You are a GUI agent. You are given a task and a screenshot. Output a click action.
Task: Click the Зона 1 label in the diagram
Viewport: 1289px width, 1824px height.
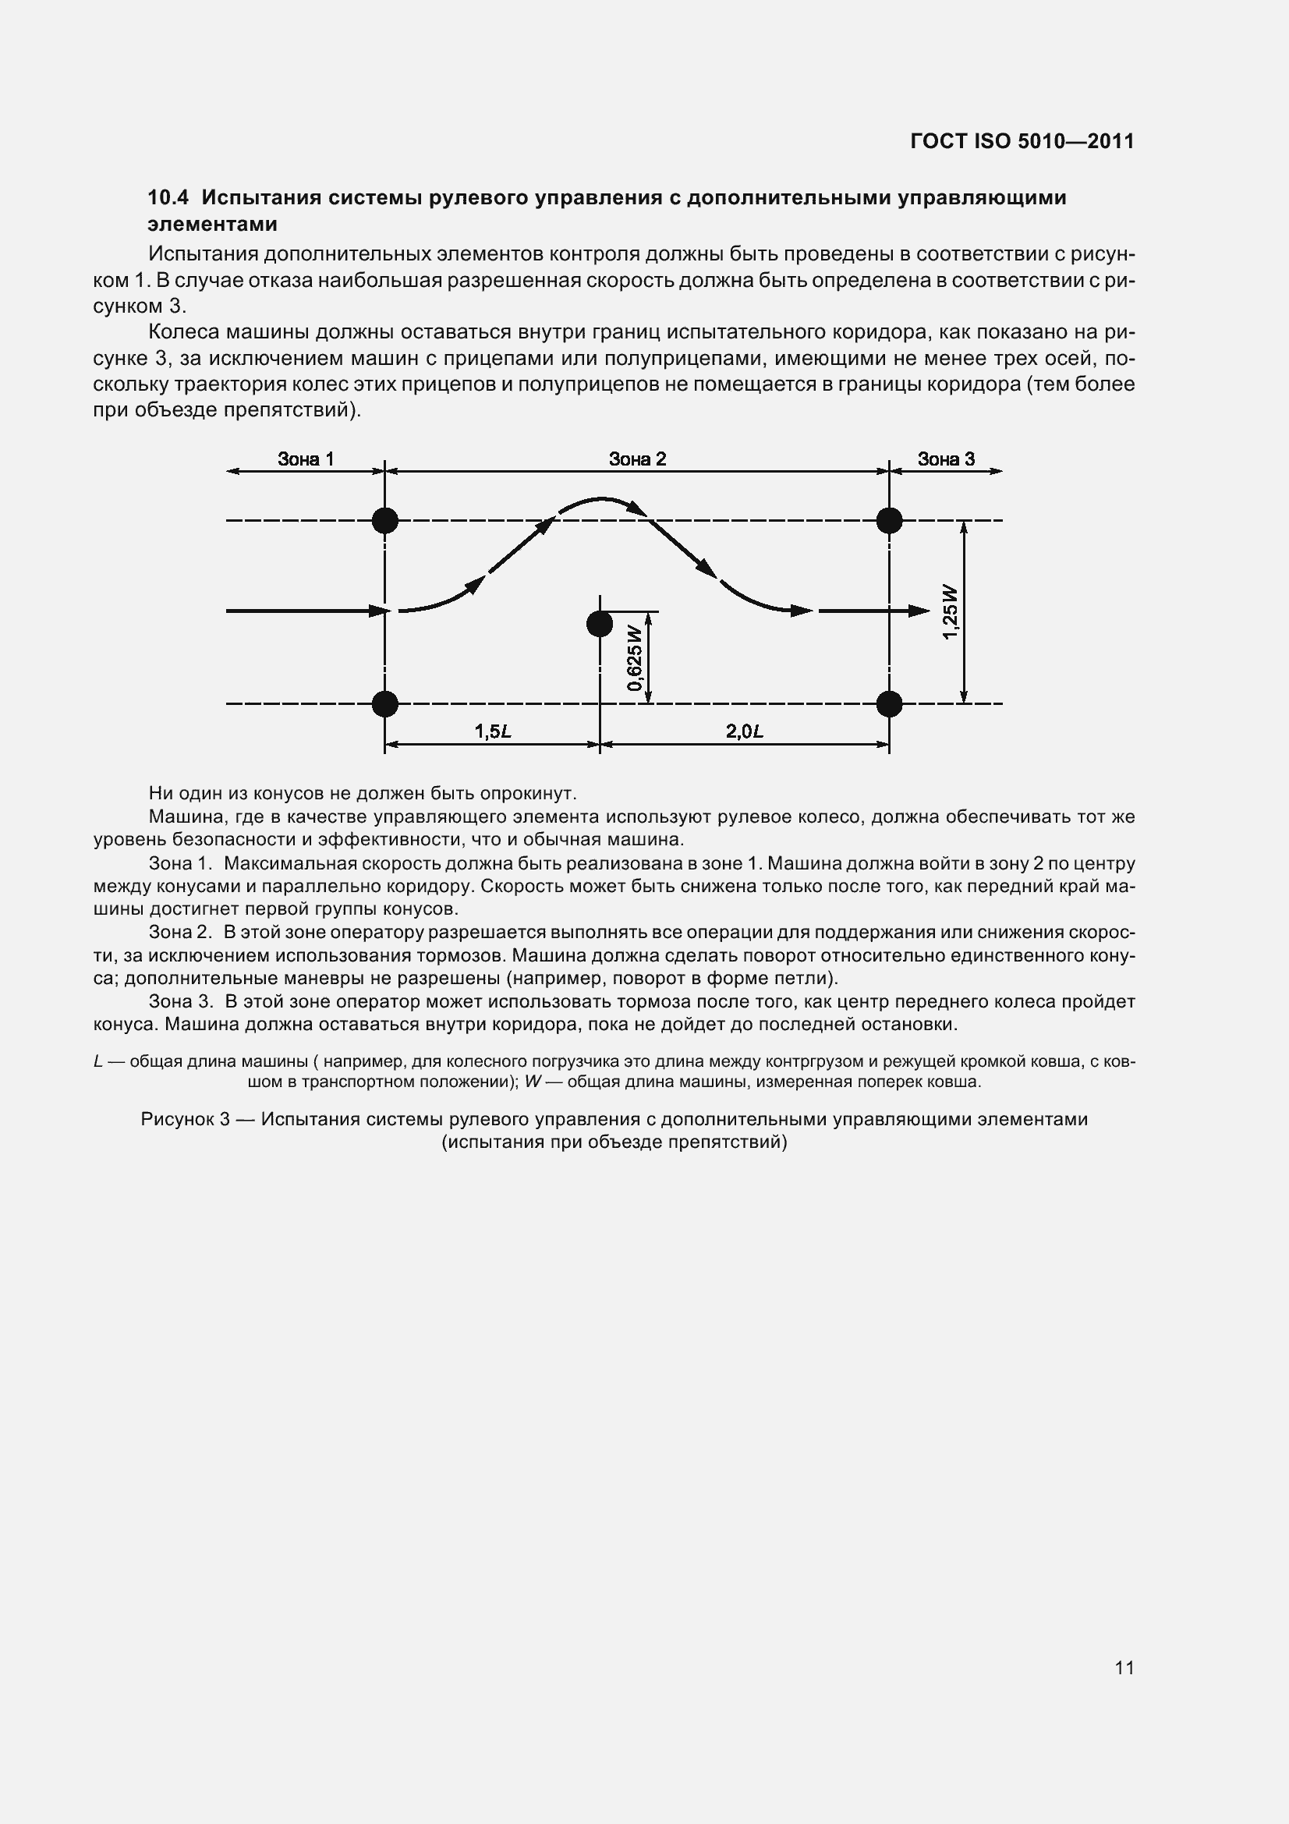(x=305, y=459)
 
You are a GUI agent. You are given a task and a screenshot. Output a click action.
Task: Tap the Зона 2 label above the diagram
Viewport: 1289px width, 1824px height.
(x=637, y=459)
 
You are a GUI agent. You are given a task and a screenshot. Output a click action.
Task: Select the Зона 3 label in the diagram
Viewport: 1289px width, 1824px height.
(x=945, y=459)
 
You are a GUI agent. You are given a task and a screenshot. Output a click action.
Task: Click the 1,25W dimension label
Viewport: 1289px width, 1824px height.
(x=951, y=611)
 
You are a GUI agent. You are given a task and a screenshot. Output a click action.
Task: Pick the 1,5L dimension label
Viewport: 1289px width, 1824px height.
(x=492, y=731)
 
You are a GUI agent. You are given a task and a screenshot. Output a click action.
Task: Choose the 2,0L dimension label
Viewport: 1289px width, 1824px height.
(x=744, y=731)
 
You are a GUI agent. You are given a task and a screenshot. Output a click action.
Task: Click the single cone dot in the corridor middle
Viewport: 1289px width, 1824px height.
(x=600, y=624)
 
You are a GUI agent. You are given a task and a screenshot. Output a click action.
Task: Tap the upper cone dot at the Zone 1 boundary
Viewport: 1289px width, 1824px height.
(x=385, y=520)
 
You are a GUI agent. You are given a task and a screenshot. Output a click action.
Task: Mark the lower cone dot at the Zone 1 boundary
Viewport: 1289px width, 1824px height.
(x=385, y=703)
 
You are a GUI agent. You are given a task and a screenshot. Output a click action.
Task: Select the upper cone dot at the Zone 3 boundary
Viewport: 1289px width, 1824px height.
(x=890, y=520)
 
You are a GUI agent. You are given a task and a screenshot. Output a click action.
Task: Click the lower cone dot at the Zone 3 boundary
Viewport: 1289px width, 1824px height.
(x=890, y=703)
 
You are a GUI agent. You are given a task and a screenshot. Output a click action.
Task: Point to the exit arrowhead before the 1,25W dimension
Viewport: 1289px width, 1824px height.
(x=919, y=611)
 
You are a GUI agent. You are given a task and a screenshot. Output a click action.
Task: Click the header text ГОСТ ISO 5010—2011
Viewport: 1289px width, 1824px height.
(x=1022, y=141)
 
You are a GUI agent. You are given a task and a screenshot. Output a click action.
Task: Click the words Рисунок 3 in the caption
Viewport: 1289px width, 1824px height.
(x=185, y=1118)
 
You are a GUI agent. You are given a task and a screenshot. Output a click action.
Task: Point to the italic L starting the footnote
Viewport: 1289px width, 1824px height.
(x=97, y=1061)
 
